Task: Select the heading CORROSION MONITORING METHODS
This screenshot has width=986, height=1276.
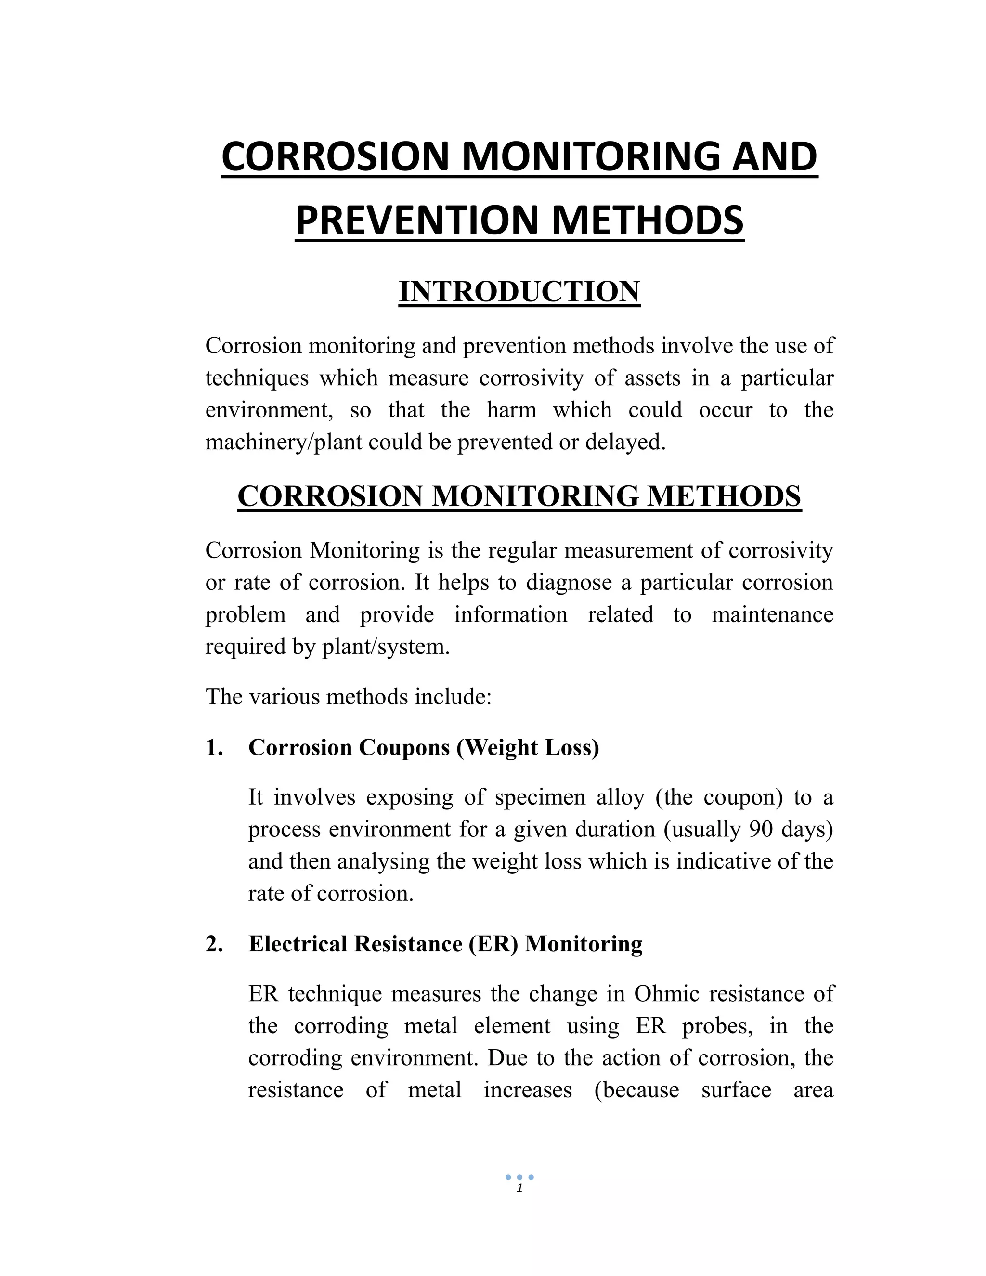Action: pos(519,496)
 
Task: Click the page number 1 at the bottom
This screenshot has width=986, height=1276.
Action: pos(519,1188)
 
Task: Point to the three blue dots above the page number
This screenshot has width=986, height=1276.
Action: pos(519,1177)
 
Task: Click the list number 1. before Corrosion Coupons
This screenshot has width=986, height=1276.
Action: pos(214,748)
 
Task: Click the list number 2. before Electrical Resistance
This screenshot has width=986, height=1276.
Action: pos(214,944)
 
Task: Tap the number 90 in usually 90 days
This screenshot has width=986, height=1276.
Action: pos(761,829)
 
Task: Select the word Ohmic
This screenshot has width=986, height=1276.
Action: pos(668,994)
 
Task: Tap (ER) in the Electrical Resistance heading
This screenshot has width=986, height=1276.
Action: pos(493,944)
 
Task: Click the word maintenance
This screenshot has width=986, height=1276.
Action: pos(772,614)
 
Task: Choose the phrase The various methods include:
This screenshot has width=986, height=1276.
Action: pos(349,697)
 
